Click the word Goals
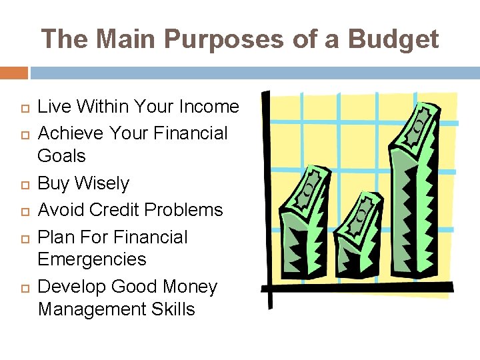(x=62, y=156)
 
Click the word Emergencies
(x=92, y=259)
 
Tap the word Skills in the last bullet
(x=172, y=309)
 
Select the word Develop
(x=72, y=287)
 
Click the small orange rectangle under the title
(x=13, y=73)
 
